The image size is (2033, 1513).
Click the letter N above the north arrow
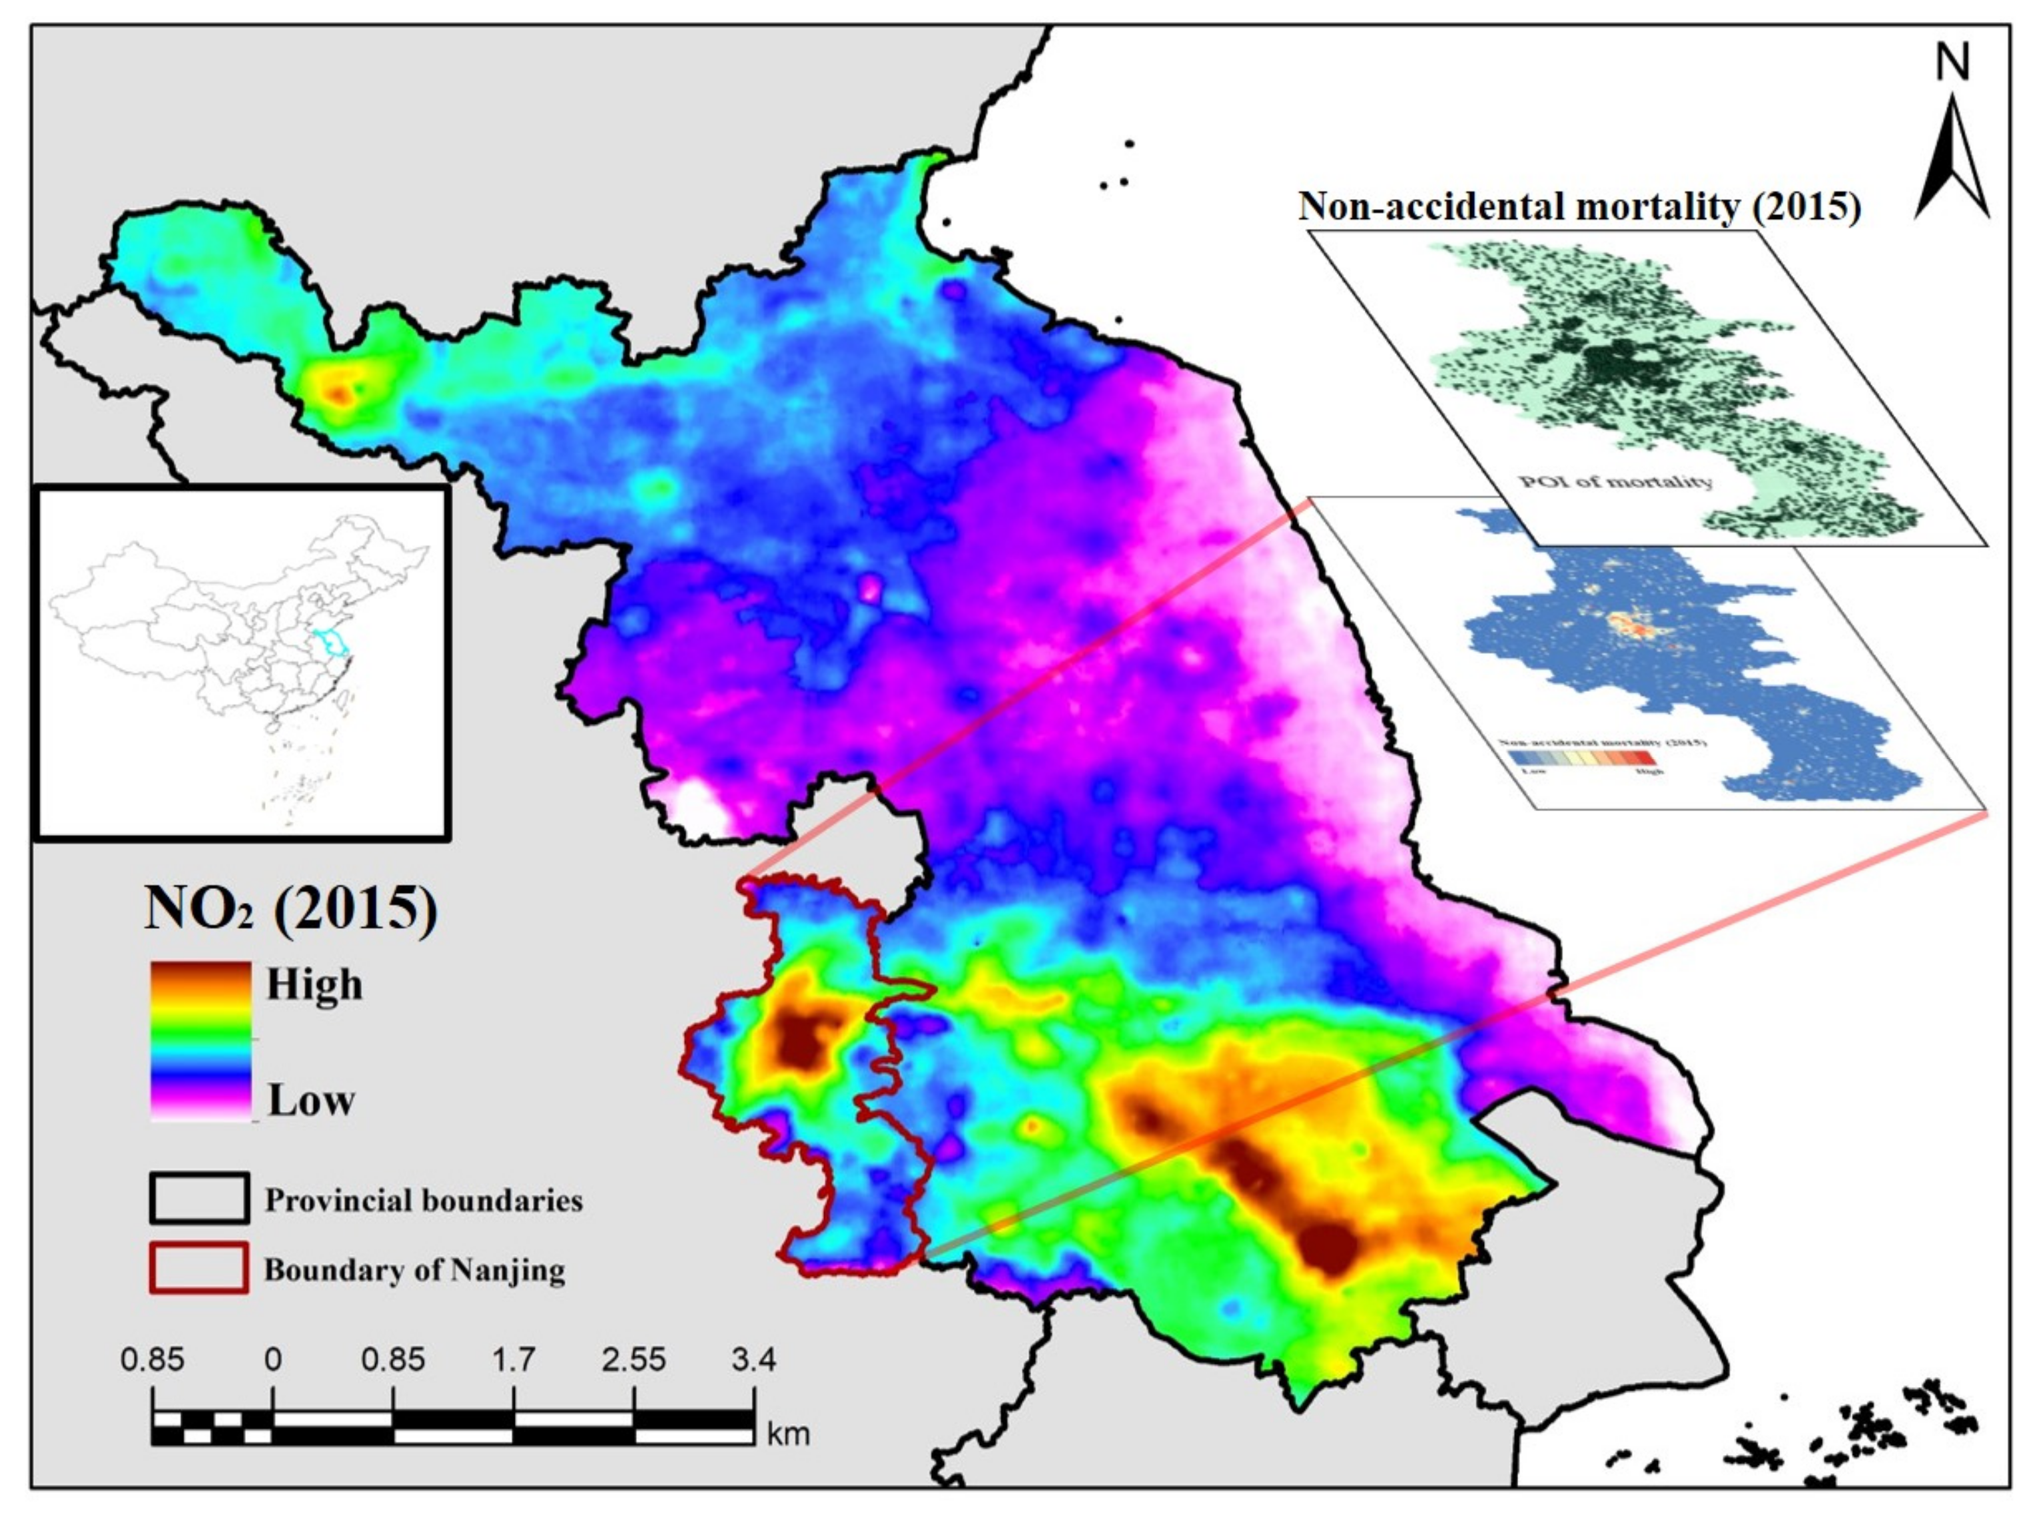1952,63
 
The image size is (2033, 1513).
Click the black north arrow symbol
1952,165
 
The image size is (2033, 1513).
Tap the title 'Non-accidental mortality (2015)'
1579,206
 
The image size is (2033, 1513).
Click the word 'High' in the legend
313,984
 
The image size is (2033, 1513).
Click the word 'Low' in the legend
310,1099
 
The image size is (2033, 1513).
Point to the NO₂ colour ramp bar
200,1040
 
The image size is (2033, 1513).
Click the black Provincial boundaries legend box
199,1198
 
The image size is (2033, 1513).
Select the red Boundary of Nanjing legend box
199,1267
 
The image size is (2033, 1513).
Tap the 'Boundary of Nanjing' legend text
414,1269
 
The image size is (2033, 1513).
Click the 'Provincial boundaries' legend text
423,1200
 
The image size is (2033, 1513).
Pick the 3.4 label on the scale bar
753,1359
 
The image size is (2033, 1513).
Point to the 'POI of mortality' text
1615,481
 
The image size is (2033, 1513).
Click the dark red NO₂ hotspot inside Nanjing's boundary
800,1042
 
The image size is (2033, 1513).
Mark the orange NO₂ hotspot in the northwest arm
340,394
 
